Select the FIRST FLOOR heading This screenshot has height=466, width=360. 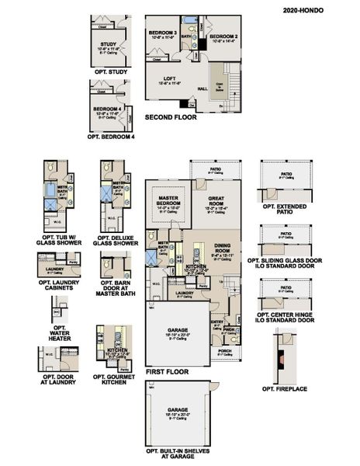point(167,372)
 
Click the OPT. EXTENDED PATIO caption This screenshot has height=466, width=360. point(286,210)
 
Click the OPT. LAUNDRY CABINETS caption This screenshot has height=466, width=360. point(57,284)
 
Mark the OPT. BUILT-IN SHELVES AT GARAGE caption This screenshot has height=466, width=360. point(178,454)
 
